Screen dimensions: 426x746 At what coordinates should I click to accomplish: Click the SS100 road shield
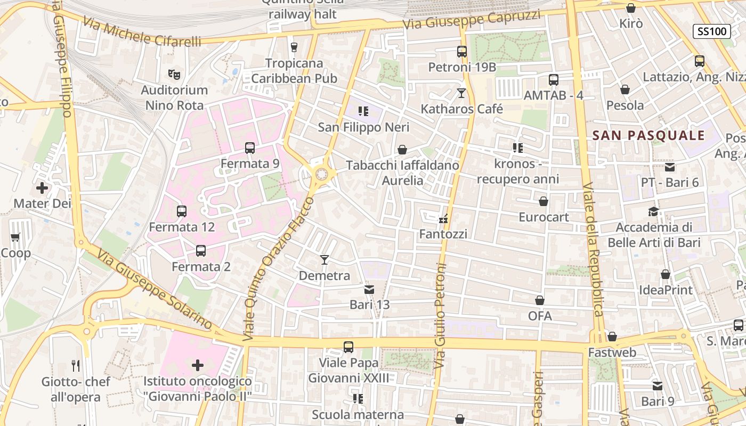point(711,31)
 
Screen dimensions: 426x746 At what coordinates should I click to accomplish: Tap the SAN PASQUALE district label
point(648,135)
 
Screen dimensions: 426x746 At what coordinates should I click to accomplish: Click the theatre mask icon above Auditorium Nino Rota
point(173,74)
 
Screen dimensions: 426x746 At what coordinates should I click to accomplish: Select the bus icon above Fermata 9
point(250,148)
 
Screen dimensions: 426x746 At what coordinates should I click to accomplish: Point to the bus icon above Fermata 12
point(182,211)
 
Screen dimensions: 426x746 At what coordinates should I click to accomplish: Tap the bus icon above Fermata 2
point(201,251)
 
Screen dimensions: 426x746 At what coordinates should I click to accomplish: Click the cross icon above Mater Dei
point(42,188)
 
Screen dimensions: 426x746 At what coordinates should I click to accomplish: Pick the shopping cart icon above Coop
point(15,237)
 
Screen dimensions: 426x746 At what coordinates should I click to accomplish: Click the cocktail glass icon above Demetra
point(324,260)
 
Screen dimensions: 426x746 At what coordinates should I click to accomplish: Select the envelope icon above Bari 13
point(369,290)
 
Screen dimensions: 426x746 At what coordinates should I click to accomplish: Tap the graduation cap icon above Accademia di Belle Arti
point(653,212)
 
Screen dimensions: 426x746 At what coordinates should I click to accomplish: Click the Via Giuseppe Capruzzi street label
point(472,20)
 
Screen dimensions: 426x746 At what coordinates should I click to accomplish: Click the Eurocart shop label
point(544,217)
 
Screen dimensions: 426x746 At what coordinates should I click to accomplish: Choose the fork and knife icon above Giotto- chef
point(76,366)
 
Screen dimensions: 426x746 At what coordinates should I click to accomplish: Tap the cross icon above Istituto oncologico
point(198,365)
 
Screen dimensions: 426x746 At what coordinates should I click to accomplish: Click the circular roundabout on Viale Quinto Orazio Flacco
point(321,174)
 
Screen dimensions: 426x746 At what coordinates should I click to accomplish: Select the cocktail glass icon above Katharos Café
point(461,94)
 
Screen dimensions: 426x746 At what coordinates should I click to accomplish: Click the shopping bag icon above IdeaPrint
point(666,275)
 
